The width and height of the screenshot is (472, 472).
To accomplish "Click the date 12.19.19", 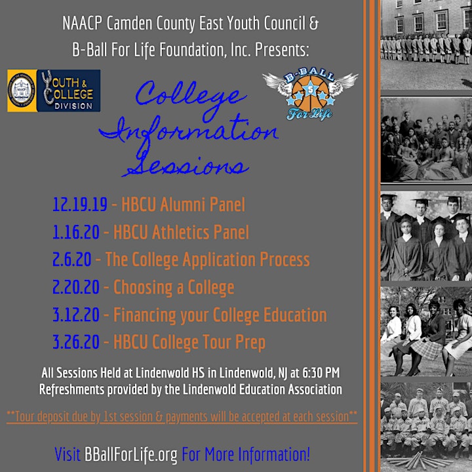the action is coord(80,205).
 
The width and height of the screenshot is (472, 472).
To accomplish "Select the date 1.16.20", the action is coord(76,232).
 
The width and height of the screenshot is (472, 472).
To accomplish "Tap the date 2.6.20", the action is coord(71,260).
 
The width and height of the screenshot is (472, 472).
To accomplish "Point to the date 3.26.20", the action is coord(76,342).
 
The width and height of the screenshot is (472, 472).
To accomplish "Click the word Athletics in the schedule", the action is coord(180,232).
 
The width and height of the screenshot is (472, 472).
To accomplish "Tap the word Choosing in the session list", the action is coord(143,288).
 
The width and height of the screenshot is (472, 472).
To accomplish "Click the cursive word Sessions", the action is coord(186,163).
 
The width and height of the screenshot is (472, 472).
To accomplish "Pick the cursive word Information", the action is coord(188,130).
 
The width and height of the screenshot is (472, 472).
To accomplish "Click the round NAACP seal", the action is coord(22,90).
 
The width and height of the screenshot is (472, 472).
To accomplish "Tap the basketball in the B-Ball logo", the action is coord(310,92).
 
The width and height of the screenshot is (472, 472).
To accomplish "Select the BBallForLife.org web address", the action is coord(130,454).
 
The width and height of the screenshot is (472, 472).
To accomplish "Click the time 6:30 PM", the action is coord(321,372).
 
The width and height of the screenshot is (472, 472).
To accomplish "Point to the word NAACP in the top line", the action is coord(82,23).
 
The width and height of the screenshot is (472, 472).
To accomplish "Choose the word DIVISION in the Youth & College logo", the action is coord(73,106).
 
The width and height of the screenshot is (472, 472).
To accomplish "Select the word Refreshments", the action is coord(71,389).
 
